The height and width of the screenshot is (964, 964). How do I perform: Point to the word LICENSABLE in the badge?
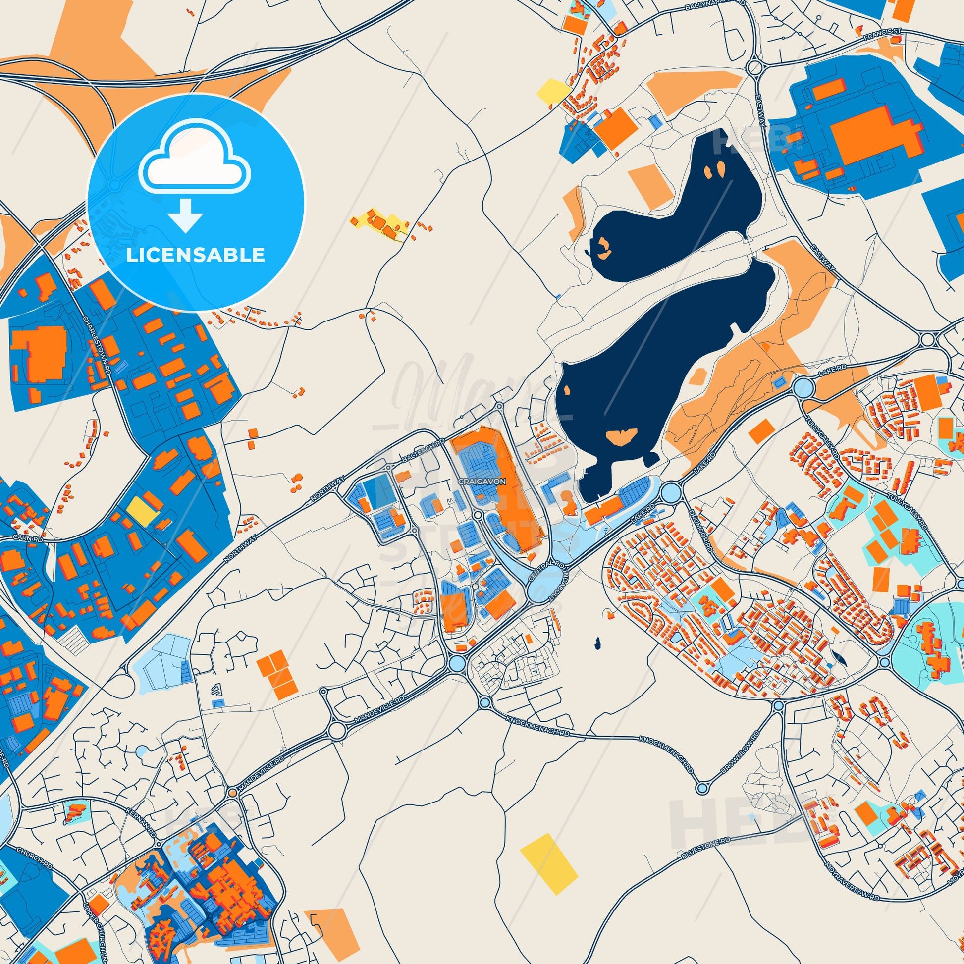(195, 255)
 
